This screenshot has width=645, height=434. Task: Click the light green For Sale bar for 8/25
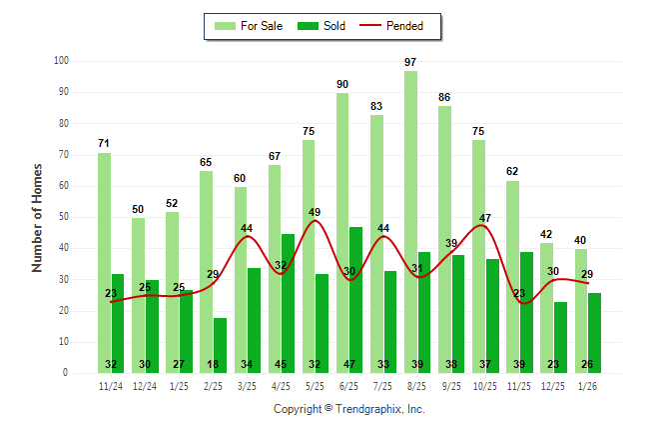tap(410, 220)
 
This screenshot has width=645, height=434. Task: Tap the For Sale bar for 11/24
tap(104, 260)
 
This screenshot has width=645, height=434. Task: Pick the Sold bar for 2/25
tap(220, 345)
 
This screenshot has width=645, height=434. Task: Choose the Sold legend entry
tap(323, 26)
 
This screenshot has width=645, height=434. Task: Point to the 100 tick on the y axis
tap(62, 61)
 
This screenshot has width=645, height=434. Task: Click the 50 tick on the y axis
tap(64, 217)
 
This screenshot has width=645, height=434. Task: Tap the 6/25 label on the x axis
tap(349, 385)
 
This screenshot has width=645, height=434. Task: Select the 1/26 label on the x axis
tap(588, 385)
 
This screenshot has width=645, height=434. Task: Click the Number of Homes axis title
tap(38, 217)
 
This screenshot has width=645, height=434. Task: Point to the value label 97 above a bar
tap(410, 62)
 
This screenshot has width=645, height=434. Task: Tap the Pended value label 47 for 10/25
tap(486, 218)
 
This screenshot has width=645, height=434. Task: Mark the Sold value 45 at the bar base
tap(288, 364)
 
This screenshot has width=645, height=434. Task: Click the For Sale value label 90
tap(342, 84)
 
